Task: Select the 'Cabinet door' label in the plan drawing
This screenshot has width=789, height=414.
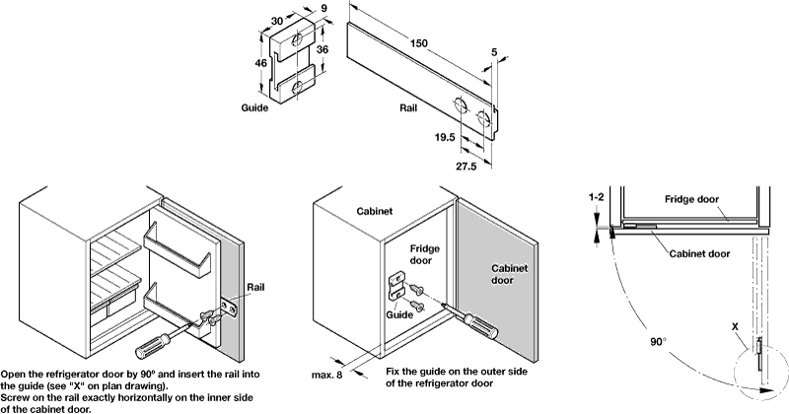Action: click(698, 252)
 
